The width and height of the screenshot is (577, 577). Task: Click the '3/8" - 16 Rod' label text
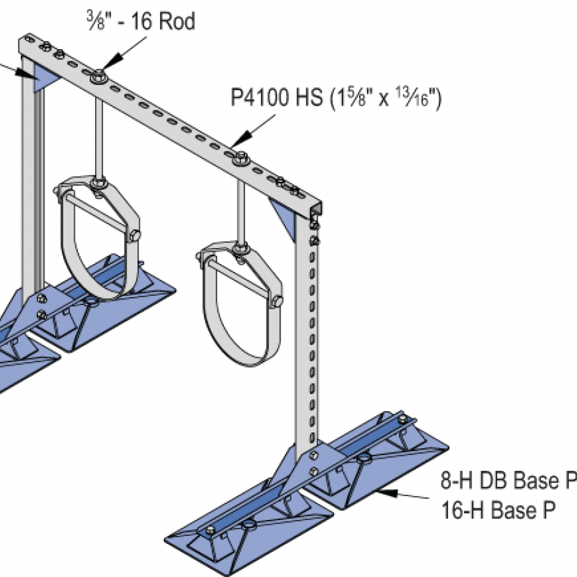142,21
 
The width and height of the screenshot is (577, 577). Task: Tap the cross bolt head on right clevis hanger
277,301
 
